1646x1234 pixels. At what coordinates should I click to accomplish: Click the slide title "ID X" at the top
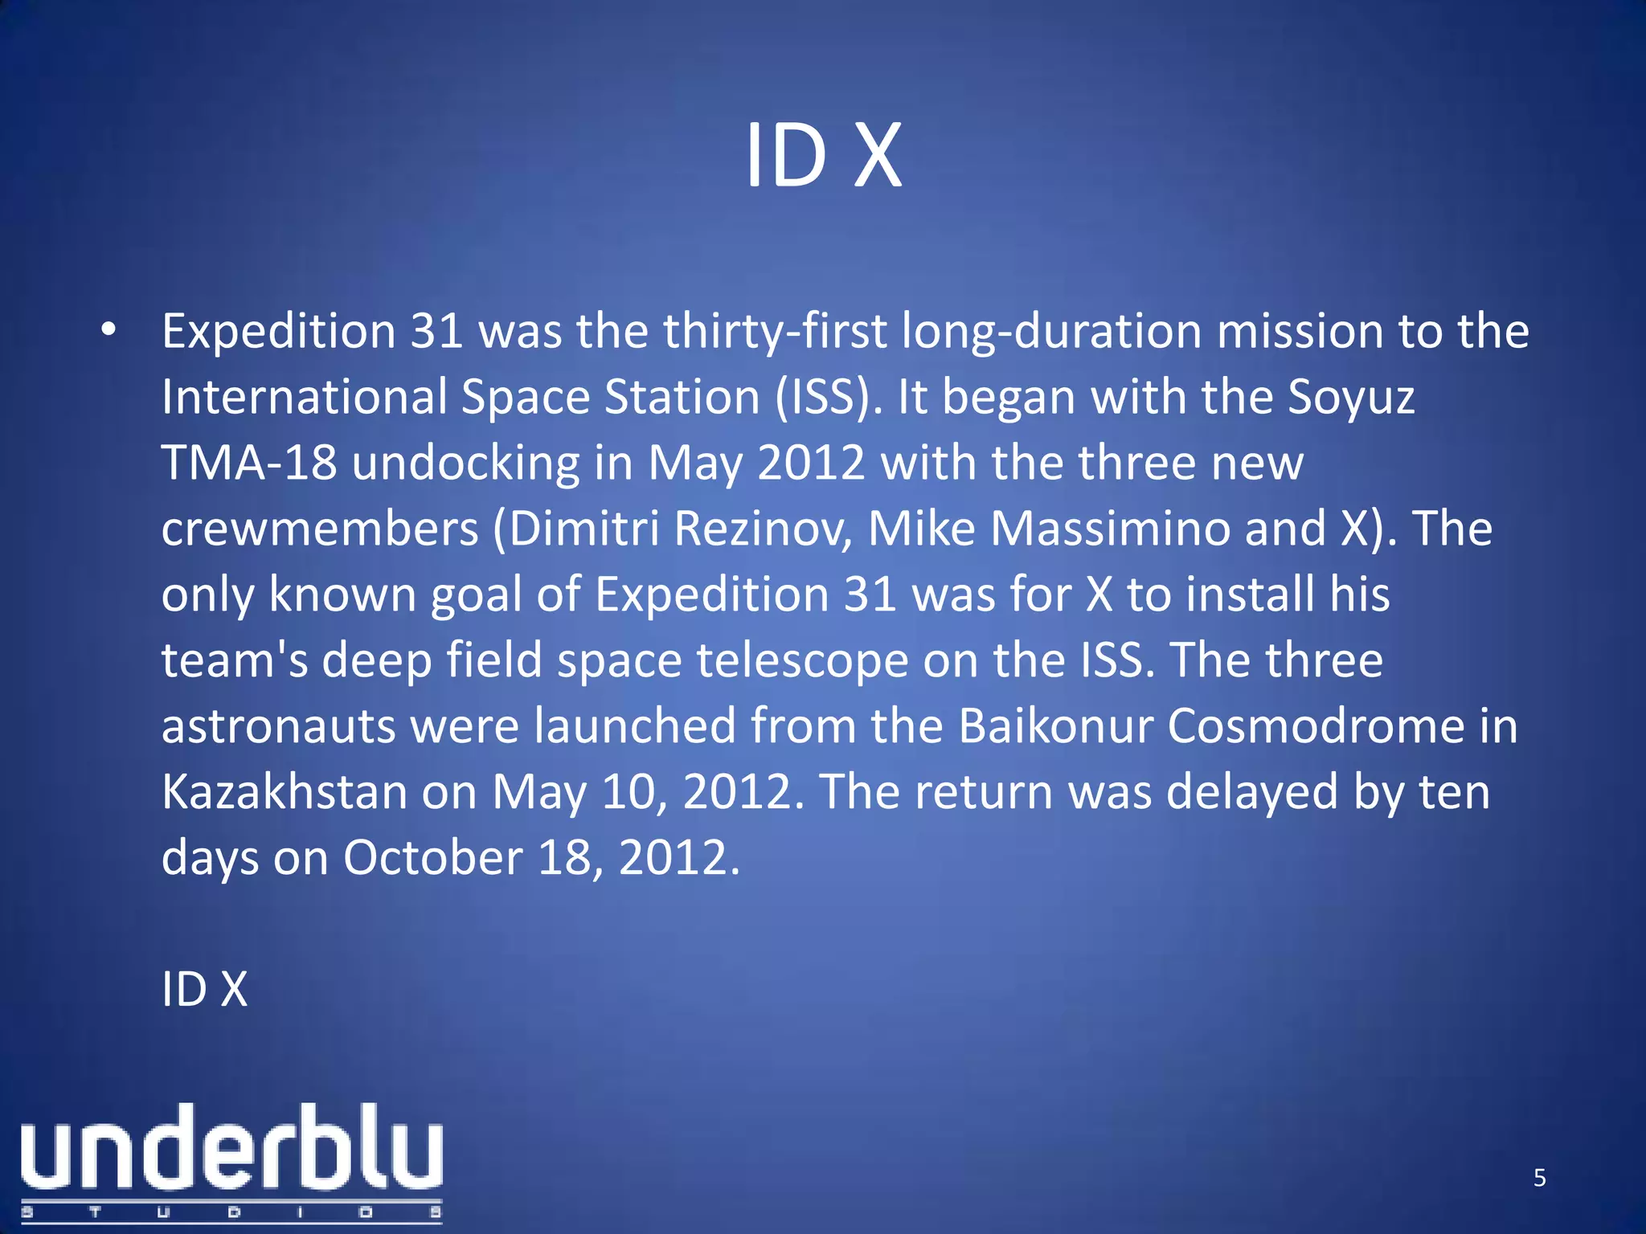[x=823, y=156]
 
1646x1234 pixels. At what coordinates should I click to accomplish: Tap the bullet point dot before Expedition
[x=109, y=330]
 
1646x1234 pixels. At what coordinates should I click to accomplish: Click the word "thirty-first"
[x=775, y=332]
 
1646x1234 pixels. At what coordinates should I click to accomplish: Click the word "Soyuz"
[x=1351, y=398]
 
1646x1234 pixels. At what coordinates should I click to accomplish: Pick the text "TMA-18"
[x=249, y=464]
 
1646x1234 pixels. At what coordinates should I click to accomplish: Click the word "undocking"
[x=466, y=464]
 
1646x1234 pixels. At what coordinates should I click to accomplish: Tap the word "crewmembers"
[x=320, y=529]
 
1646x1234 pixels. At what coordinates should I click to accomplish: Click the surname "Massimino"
[x=1111, y=529]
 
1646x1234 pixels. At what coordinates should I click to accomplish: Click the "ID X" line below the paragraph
[x=204, y=990]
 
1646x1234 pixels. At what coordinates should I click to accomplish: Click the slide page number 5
[x=1539, y=1178]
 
